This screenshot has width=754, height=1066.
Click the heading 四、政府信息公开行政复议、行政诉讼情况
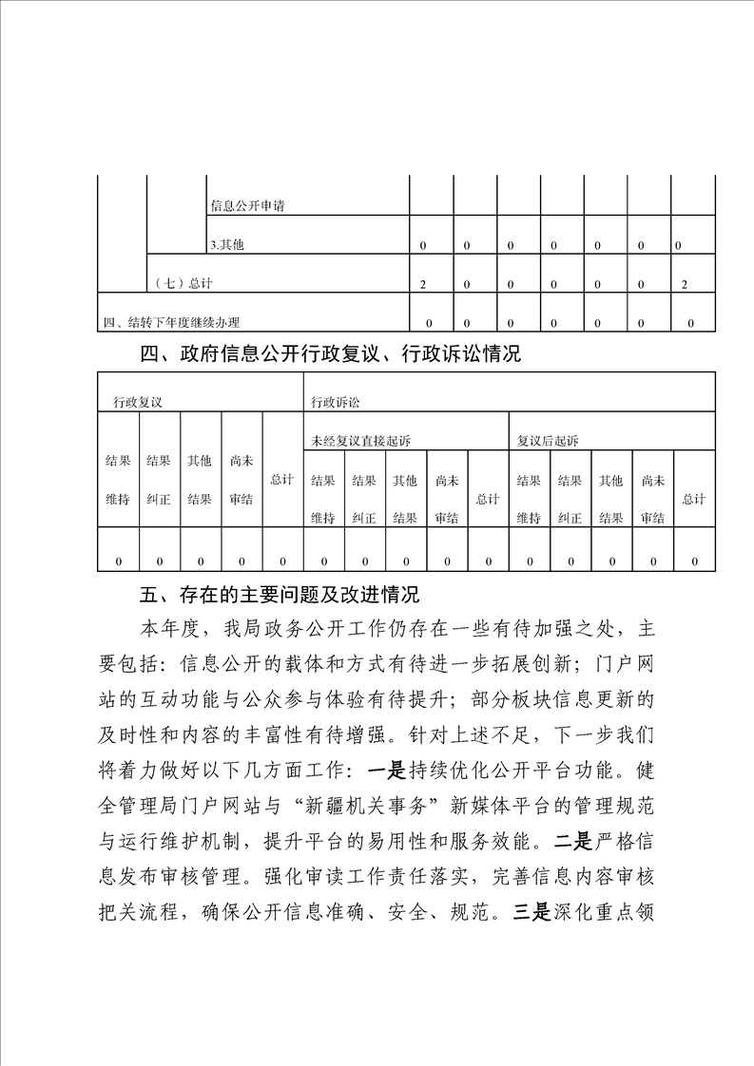pyautogui.click(x=330, y=355)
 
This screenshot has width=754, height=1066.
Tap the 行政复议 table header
pyautogui.click(x=138, y=402)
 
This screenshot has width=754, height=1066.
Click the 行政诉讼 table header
pyautogui.click(x=336, y=402)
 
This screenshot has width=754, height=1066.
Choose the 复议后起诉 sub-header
pyautogui.click(x=548, y=441)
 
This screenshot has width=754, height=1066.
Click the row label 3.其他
pyautogui.click(x=227, y=245)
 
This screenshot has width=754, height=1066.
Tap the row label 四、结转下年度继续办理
pyautogui.click(x=178, y=323)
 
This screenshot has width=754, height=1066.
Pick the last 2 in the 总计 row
pyautogui.click(x=685, y=284)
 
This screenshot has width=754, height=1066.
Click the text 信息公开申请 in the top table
pyautogui.click(x=247, y=205)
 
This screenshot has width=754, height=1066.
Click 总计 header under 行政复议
pyautogui.click(x=281, y=480)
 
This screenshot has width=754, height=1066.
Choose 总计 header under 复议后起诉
pyautogui.click(x=694, y=499)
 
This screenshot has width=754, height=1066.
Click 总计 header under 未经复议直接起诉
pyautogui.click(x=488, y=499)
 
